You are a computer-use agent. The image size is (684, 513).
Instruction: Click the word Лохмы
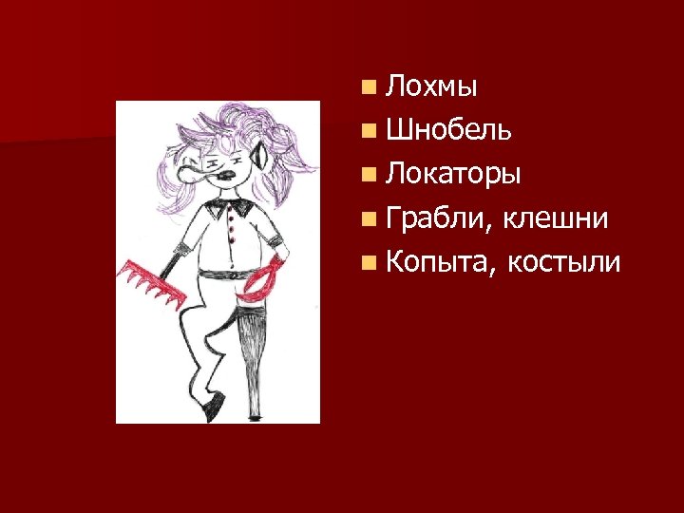432,88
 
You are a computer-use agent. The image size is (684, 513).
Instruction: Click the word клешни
556,219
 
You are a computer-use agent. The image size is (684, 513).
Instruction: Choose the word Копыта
437,263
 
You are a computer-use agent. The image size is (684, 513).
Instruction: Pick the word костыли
563,263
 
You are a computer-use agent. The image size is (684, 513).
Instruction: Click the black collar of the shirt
228,201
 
